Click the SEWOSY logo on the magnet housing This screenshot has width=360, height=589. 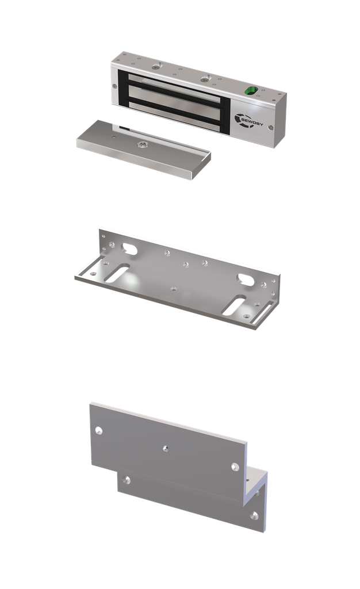pyautogui.click(x=248, y=120)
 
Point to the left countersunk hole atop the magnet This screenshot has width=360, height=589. pyautogui.click(x=156, y=68)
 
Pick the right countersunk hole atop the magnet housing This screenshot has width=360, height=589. pyautogui.click(x=205, y=79)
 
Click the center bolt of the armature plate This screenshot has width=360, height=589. pyautogui.click(x=143, y=144)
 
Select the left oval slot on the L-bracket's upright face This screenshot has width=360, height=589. pyautogui.click(x=129, y=248)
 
